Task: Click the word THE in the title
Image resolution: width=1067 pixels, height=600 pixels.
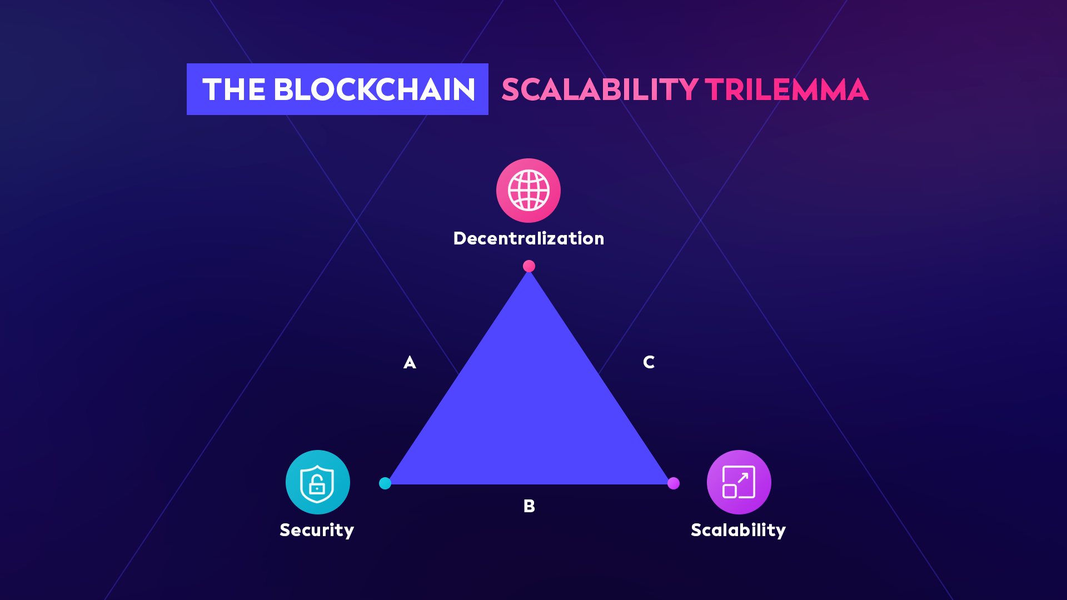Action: pos(233,89)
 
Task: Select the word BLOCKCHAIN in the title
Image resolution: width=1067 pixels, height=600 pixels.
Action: pos(374,89)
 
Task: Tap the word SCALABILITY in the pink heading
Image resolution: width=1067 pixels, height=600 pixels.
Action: pos(600,89)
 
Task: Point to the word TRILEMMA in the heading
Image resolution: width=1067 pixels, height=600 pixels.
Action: pos(786,89)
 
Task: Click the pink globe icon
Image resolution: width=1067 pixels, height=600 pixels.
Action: pos(528,191)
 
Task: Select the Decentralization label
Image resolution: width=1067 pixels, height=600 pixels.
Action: pos(528,238)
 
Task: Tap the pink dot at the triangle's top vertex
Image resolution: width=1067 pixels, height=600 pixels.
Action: pos(529,266)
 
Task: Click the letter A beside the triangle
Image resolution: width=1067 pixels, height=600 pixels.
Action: pos(410,363)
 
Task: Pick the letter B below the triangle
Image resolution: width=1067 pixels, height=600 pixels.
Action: pos(529,506)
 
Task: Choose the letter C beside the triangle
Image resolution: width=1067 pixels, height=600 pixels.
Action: pos(649,362)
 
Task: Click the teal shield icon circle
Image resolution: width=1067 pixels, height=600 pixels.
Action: pos(317,482)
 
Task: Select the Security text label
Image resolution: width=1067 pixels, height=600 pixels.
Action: pos(317,530)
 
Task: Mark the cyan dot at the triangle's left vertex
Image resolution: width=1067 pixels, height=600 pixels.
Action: pos(385,483)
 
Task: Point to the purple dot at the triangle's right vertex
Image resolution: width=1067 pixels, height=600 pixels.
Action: pos(674,483)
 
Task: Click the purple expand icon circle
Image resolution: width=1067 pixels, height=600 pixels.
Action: pos(739,482)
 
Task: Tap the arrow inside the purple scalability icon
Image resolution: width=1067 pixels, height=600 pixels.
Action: pos(743,478)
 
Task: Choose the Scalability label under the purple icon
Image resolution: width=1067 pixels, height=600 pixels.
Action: pos(738,530)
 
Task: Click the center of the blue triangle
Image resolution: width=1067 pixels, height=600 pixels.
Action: pos(529,411)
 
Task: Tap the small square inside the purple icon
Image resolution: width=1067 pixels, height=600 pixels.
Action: pos(730,491)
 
